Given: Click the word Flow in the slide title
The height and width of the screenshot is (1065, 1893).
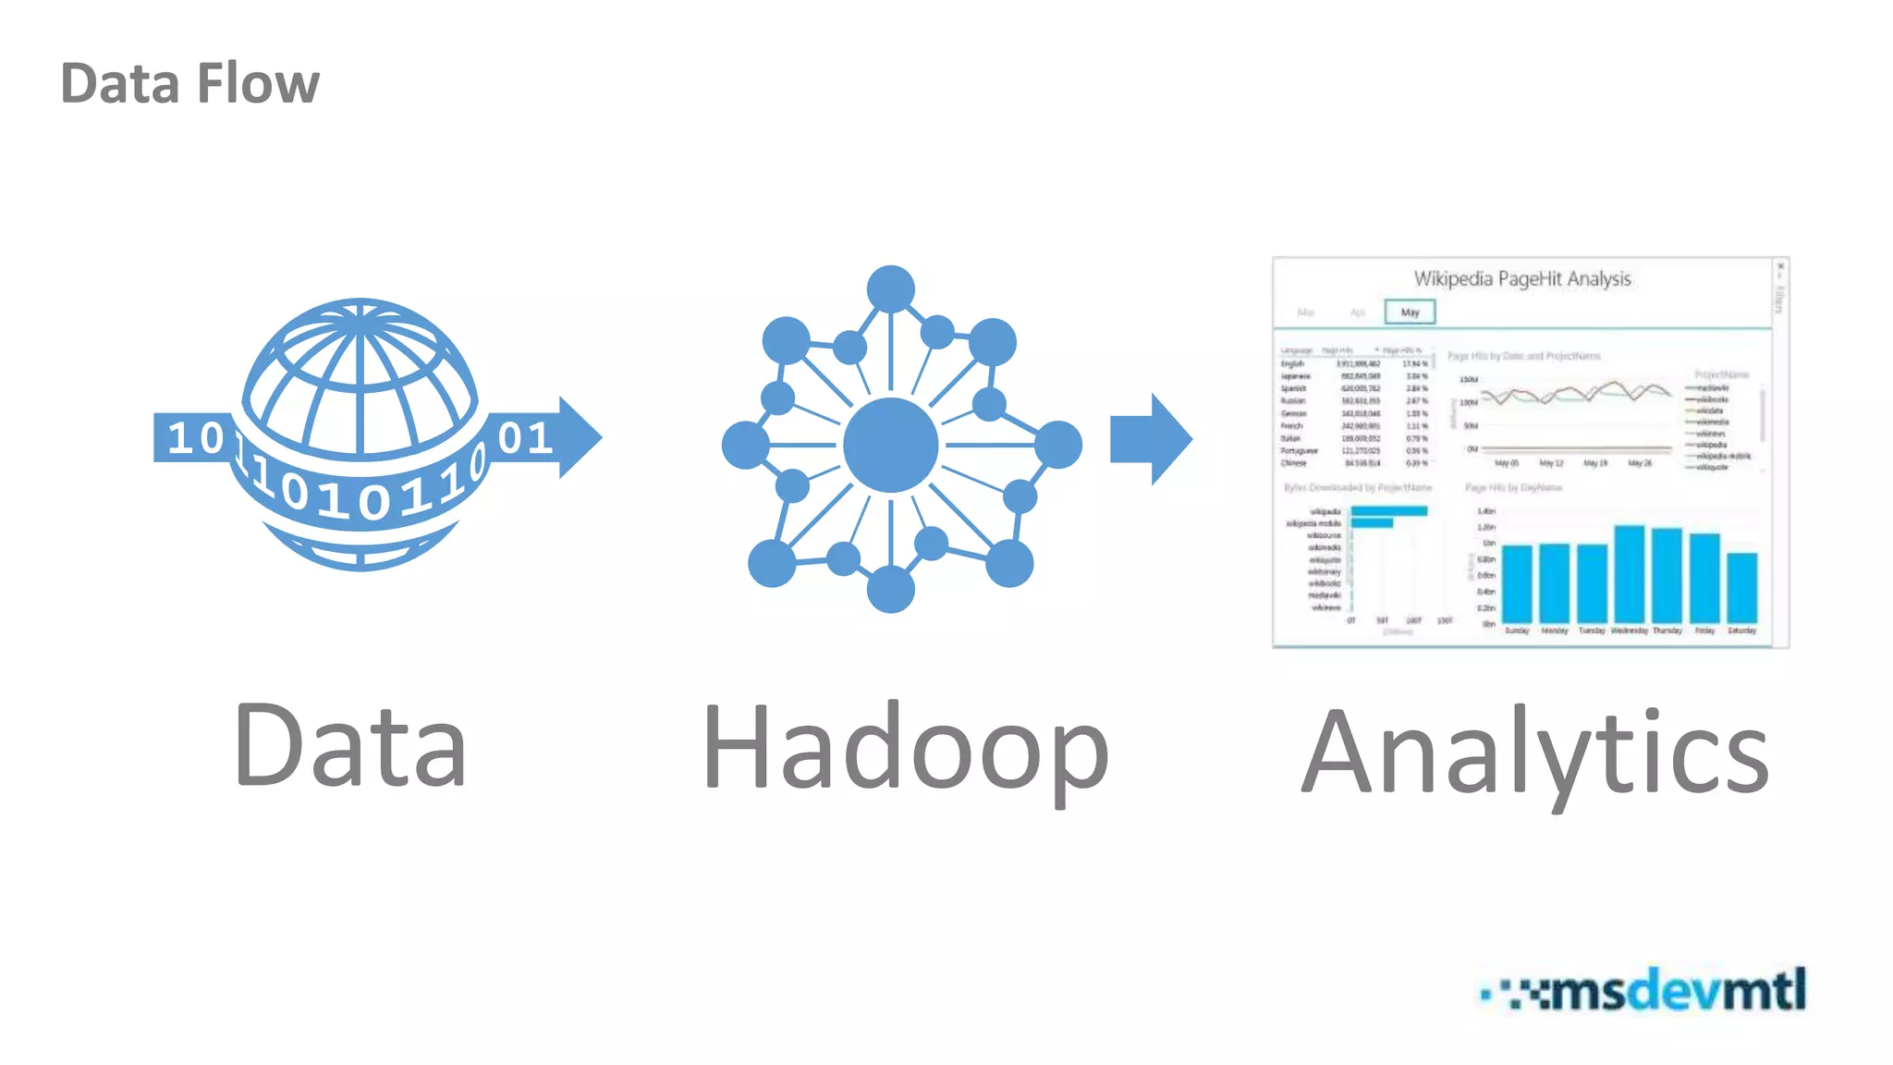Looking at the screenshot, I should pyautogui.click(x=258, y=83).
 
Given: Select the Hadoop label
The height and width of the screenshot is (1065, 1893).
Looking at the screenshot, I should pyautogui.click(x=905, y=749).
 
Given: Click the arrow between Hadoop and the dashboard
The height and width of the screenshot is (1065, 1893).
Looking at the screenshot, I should pyautogui.click(x=1151, y=439).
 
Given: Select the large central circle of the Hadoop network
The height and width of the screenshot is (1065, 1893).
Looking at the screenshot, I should pyautogui.click(x=890, y=445).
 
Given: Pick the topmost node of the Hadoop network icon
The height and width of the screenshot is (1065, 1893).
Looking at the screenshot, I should pyautogui.click(x=890, y=289).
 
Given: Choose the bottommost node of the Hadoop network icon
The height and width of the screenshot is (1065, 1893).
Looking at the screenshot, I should pyautogui.click(x=890, y=589).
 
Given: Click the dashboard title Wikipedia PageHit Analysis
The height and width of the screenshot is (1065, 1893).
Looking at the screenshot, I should pyautogui.click(x=1521, y=278).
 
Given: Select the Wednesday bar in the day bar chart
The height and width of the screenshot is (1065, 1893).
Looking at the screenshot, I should pyautogui.click(x=1629, y=573).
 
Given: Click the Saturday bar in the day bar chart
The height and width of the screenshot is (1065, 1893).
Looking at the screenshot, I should pyautogui.click(x=1741, y=587).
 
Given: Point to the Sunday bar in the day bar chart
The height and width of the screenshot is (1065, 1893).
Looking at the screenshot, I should pyautogui.click(x=1517, y=583).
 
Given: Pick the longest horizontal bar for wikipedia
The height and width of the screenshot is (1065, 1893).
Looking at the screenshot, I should pyautogui.click(x=1388, y=511).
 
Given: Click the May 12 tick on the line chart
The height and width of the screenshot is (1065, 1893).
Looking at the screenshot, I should pyautogui.click(x=1551, y=462).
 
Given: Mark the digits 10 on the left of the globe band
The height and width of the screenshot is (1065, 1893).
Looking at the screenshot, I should pyautogui.click(x=196, y=438).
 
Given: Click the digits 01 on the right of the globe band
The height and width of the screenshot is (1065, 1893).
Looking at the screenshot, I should pyautogui.click(x=525, y=438).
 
